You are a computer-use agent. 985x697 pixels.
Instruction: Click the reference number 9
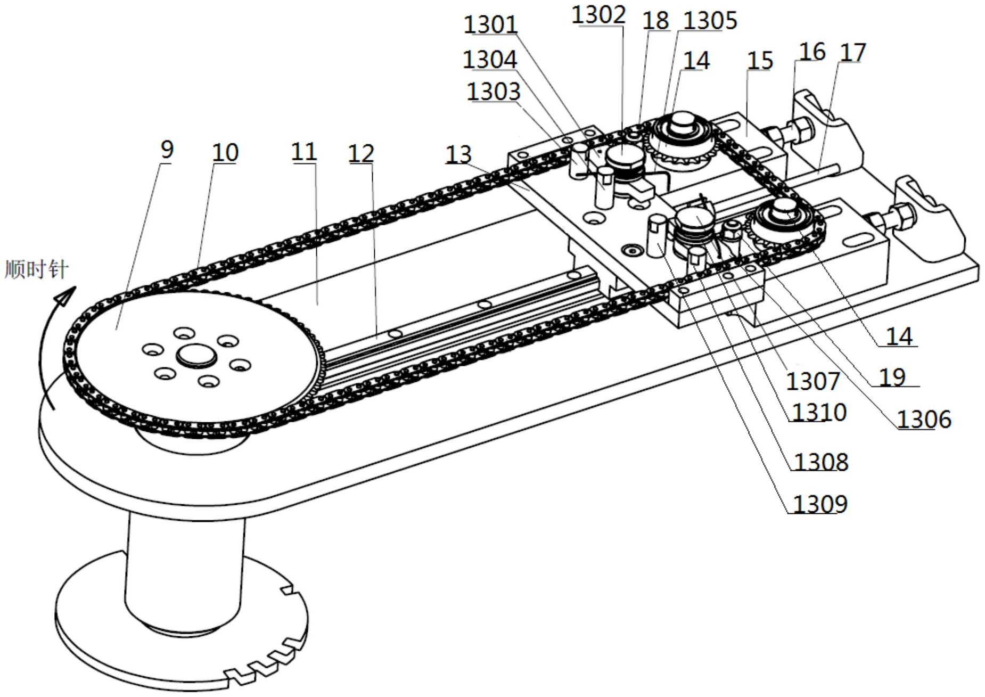tap(167, 150)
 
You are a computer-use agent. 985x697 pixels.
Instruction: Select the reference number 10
tap(225, 153)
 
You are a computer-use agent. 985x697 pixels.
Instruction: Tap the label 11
tap(304, 152)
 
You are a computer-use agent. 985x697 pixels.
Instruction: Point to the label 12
tap(361, 154)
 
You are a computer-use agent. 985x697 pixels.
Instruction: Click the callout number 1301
tap(490, 24)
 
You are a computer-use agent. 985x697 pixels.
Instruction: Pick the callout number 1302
tap(598, 15)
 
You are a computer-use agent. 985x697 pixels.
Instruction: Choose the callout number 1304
tap(490, 59)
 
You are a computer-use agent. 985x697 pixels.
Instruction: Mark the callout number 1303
tap(493, 92)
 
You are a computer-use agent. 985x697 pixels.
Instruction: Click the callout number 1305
tap(710, 21)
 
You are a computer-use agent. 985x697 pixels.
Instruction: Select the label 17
tap(852, 52)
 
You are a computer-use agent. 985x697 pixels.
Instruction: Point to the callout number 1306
tap(924, 420)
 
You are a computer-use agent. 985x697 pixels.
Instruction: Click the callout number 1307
tap(813, 381)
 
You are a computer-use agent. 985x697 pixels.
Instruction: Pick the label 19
tap(892, 377)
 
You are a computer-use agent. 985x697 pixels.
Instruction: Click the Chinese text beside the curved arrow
tap(36, 269)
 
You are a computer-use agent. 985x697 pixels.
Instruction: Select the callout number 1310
tap(819, 412)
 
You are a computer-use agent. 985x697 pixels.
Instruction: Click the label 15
tap(760, 61)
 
